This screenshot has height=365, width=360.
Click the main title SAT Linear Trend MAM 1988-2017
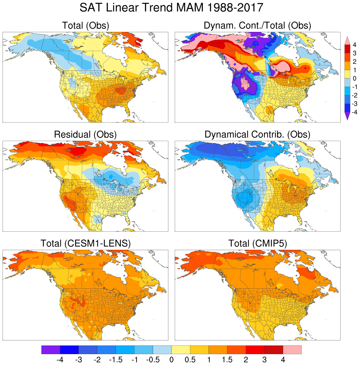pos(171,8)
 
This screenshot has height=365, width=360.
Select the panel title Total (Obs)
pos(85,26)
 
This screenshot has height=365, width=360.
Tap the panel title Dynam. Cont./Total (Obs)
pos(257,26)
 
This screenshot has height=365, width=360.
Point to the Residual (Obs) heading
pos(85,134)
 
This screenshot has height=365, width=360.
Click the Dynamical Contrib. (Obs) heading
pos(257,134)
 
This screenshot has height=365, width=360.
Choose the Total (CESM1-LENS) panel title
pos(85,243)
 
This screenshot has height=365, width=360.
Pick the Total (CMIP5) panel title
pos(258,243)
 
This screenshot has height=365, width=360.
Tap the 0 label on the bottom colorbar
pos(172,360)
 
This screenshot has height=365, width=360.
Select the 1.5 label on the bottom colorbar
pos(227,360)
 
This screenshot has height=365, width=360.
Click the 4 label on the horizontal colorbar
pos(283,360)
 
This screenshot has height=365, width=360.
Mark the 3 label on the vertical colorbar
pos(354,53)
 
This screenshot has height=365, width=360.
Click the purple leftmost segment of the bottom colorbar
pos(51,350)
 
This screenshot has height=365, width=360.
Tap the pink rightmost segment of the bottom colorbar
pos(292,350)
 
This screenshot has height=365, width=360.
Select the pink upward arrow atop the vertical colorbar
pos(348,40)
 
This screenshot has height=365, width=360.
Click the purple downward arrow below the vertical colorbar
pos(348,117)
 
